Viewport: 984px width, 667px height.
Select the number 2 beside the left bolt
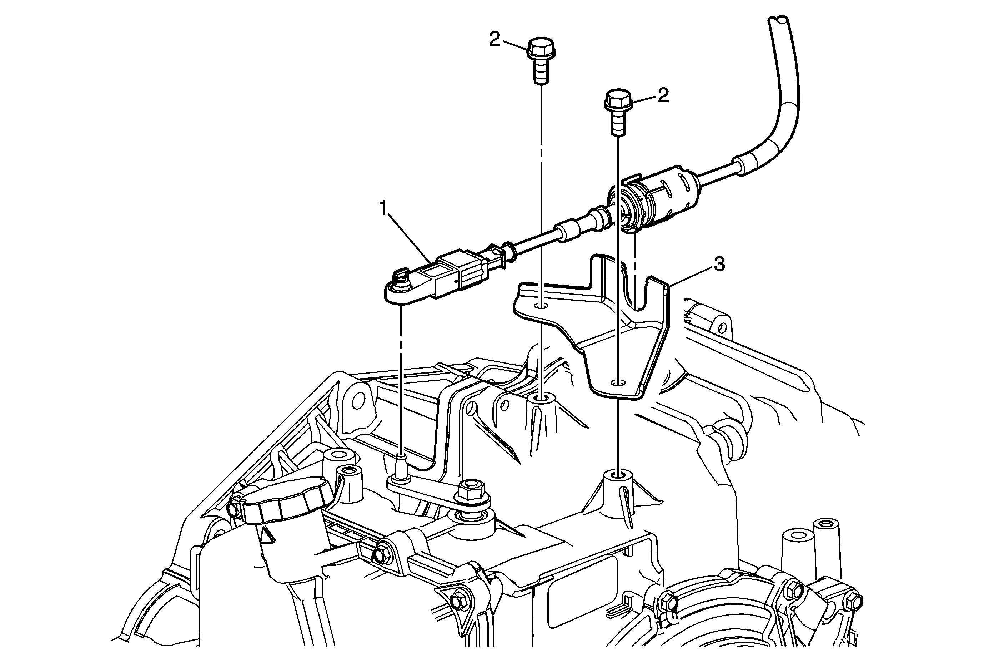(x=494, y=39)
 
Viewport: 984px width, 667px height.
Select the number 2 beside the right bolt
(x=663, y=95)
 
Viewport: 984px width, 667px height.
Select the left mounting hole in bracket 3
(x=542, y=306)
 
